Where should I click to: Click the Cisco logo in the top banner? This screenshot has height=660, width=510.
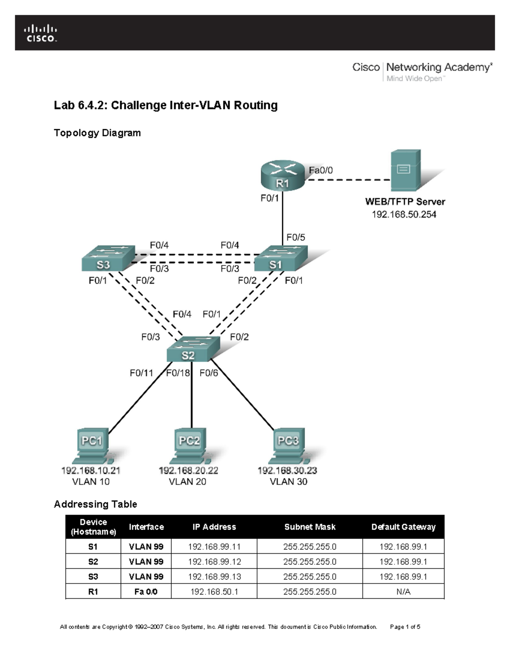[x=40, y=34]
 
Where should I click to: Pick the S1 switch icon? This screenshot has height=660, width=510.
[x=279, y=258]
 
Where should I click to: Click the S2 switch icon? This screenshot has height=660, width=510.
[x=192, y=349]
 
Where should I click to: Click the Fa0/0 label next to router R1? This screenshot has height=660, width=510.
[x=320, y=170]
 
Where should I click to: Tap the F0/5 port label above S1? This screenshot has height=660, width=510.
[x=295, y=238]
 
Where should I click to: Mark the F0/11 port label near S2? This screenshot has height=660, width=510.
[x=141, y=373]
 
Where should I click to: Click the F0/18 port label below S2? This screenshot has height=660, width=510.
[x=178, y=373]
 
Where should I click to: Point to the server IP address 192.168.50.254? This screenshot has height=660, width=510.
[x=404, y=215]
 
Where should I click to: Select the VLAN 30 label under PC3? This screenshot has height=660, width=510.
[x=288, y=482]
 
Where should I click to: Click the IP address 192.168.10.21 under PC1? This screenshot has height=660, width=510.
[x=91, y=470]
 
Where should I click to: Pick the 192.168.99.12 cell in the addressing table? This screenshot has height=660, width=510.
[x=214, y=562]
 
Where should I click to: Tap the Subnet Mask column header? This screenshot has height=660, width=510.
[x=310, y=527]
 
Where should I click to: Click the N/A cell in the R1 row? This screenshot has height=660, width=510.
[x=403, y=592]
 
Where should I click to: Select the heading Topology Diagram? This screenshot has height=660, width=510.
[x=97, y=133]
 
